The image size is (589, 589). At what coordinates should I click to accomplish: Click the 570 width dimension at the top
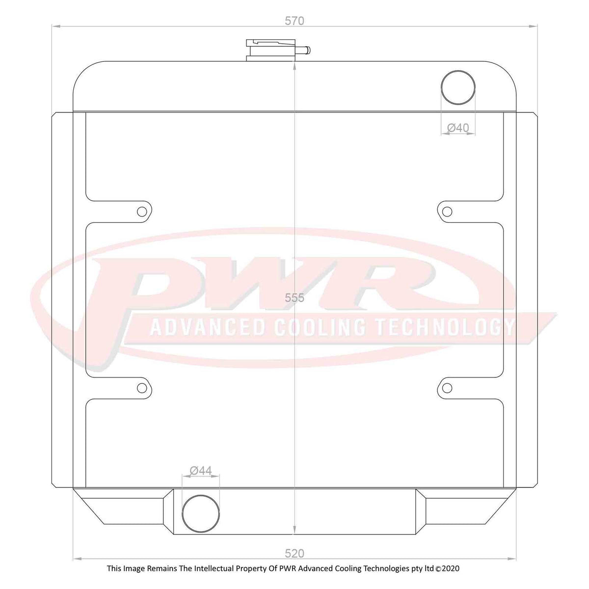point(294,21)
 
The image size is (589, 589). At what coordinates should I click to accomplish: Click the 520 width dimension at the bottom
point(294,553)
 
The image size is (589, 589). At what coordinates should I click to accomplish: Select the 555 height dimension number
point(294,297)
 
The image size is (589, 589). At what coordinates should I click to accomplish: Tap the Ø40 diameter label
point(458,128)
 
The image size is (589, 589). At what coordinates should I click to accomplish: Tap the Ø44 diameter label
point(200,470)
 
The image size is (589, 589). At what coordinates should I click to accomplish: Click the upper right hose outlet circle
point(458,87)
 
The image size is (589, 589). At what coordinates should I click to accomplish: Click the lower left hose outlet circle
point(200,512)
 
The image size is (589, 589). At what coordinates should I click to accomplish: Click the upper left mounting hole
point(142,212)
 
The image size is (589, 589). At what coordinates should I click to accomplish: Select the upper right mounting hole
point(447,212)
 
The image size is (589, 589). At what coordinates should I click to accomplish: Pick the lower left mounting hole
point(142,388)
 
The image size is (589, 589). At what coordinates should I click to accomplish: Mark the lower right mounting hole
point(447,388)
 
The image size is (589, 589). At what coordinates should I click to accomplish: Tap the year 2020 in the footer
point(450,568)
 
